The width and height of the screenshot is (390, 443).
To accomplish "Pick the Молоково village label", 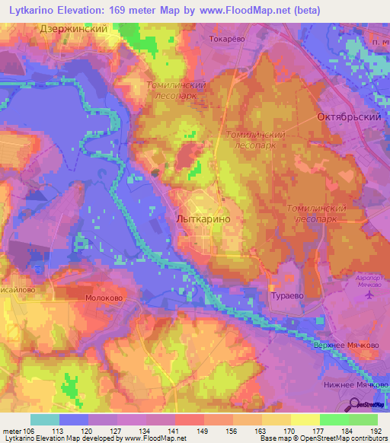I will pyautogui.click(x=101, y=300).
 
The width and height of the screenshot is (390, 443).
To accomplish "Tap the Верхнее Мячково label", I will pyautogui.click(x=346, y=344).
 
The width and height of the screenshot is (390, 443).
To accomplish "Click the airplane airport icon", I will pyautogui.click(x=372, y=294).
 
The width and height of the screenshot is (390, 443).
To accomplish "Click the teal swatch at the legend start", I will pyautogui.click(x=44, y=419).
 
